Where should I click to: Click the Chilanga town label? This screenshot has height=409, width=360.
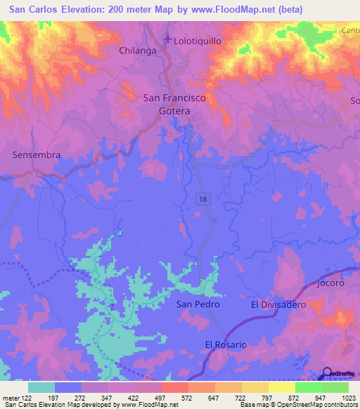[137, 51]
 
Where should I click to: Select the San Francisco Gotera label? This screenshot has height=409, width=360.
[174, 105]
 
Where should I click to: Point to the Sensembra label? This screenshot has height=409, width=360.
[37, 155]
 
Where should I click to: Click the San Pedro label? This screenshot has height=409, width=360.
[198, 304]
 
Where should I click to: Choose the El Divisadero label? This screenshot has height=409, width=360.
[278, 304]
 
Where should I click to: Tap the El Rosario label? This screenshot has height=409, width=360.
[226, 344]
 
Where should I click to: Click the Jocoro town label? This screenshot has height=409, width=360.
[330, 283]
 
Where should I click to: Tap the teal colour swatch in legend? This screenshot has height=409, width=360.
[41, 387]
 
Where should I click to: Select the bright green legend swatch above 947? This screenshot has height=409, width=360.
[308, 387]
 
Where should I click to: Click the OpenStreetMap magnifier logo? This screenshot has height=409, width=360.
[327, 373]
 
